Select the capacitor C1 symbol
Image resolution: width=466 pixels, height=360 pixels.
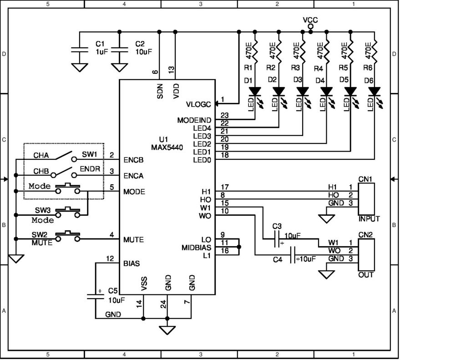coord(80,49)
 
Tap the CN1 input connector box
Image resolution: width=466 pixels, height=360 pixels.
coord(366,199)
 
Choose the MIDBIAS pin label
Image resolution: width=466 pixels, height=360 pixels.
coord(196,248)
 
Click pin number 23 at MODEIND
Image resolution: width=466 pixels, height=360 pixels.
coord(224,116)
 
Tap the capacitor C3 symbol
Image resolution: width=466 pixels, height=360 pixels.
coord(276,238)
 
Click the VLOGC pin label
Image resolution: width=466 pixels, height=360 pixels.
coord(198,104)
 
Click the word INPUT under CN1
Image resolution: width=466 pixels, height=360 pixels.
coord(369,219)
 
